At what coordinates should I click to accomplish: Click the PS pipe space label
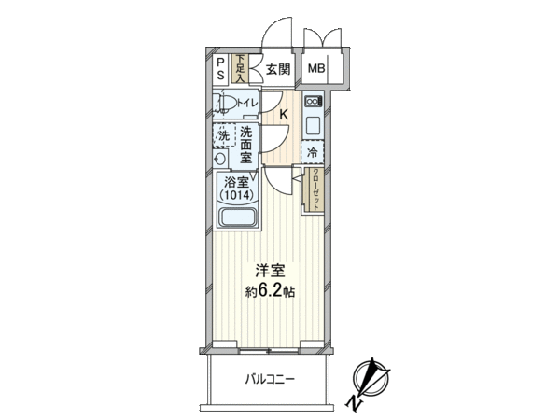(x=221, y=70)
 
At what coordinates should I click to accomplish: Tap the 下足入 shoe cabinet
(x=240, y=69)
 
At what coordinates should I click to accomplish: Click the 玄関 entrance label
(x=277, y=69)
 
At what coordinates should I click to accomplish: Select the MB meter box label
(x=316, y=68)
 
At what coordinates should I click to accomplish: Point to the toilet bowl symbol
(x=225, y=105)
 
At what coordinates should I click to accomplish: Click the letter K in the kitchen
(x=284, y=115)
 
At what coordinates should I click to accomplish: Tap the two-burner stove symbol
(x=314, y=102)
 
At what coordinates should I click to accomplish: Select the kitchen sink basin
(x=314, y=126)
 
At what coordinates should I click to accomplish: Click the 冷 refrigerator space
(x=312, y=152)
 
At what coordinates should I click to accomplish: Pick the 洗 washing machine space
(x=224, y=135)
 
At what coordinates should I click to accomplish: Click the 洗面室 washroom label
(x=245, y=145)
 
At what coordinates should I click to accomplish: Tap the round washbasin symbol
(x=220, y=159)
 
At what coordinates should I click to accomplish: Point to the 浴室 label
(x=236, y=183)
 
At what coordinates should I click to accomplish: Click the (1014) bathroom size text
(x=236, y=195)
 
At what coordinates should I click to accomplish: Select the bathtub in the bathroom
(x=237, y=217)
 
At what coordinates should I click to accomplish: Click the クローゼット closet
(x=315, y=190)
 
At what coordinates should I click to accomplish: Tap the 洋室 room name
(x=270, y=272)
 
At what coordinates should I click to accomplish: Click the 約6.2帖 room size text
(x=270, y=292)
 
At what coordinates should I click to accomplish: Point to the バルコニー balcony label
(x=270, y=379)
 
